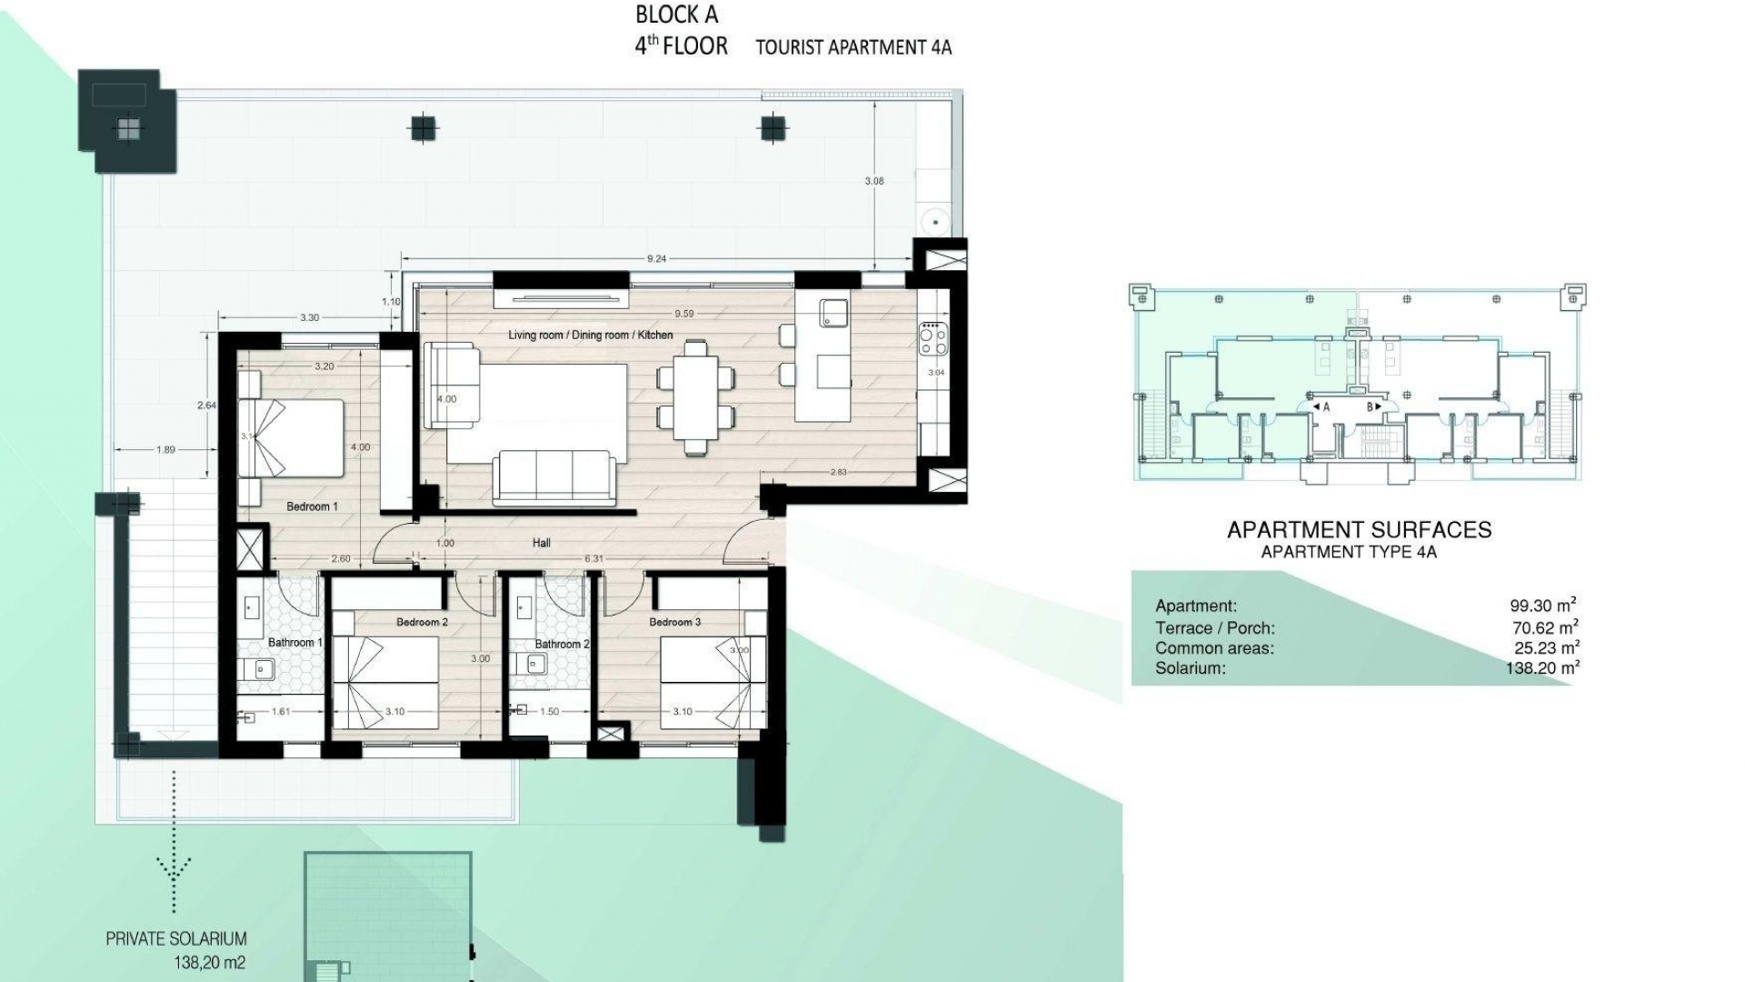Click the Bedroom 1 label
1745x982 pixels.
312,506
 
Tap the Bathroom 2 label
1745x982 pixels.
562,644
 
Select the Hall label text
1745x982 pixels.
542,543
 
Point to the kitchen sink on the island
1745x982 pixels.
833,313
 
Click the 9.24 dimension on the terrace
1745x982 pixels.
656,259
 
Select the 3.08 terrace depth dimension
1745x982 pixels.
873,181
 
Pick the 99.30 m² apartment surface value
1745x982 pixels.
1542,605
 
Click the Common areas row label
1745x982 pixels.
1214,648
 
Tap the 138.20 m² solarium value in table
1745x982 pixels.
1542,668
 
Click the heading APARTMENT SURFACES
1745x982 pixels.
1359,530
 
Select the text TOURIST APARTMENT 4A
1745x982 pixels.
853,48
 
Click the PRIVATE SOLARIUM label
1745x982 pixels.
176,939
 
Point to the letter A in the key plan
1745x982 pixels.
1326,407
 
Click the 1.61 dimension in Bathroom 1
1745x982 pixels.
281,712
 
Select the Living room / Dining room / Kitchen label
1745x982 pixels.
591,336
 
